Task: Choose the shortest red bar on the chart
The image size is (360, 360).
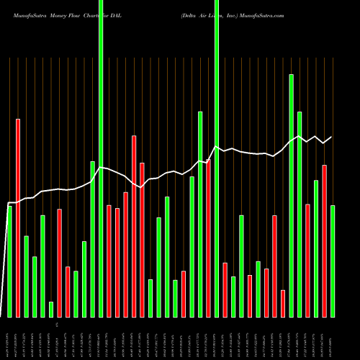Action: click(x=283, y=303)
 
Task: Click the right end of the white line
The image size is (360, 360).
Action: click(x=332, y=137)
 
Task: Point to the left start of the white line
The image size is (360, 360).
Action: click(x=9, y=203)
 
